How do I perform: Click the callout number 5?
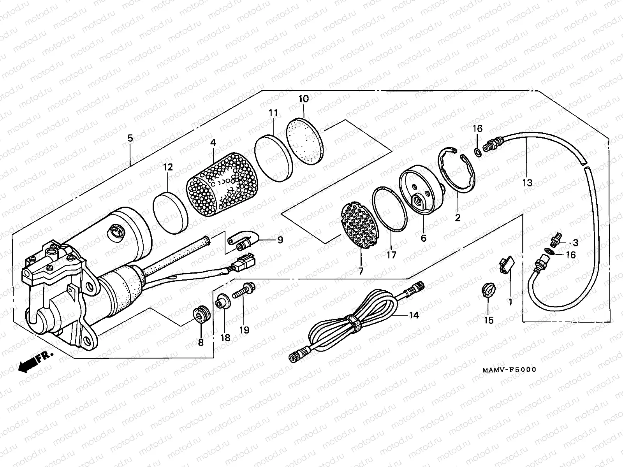(130, 138)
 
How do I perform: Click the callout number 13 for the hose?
(527, 182)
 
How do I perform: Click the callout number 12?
(168, 167)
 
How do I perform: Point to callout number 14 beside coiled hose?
(414, 315)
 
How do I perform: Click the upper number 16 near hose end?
(478, 128)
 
